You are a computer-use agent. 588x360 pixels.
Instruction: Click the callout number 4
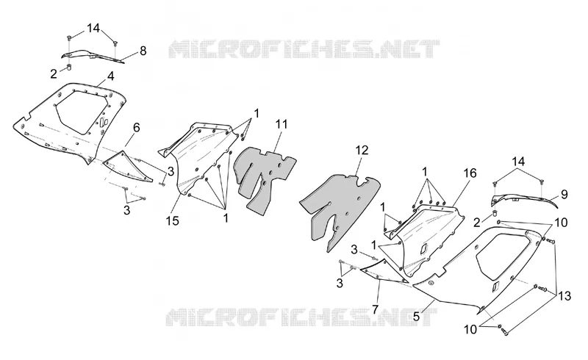110,76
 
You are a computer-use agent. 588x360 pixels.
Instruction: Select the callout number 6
137,128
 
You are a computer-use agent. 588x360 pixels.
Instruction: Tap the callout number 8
143,51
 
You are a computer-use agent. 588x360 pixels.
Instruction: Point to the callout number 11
282,123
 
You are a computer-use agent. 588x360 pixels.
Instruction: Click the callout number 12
362,150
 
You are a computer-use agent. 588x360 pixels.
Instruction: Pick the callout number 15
173,221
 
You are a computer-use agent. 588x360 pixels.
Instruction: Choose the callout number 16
470,173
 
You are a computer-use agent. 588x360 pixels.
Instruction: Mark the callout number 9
564,194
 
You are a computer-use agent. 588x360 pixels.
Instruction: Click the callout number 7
376,309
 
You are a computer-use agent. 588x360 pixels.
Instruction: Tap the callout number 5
416,316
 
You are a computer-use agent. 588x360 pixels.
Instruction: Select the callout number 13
564,296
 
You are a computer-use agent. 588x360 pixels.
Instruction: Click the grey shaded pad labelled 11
265,178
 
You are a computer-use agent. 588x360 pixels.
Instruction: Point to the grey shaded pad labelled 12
340,210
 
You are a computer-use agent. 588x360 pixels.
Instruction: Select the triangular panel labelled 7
384,272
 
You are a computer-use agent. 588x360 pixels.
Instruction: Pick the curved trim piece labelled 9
525,199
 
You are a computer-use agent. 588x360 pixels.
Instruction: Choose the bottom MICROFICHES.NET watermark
301,317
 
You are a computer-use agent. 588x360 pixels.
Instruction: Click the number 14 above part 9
518,162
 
